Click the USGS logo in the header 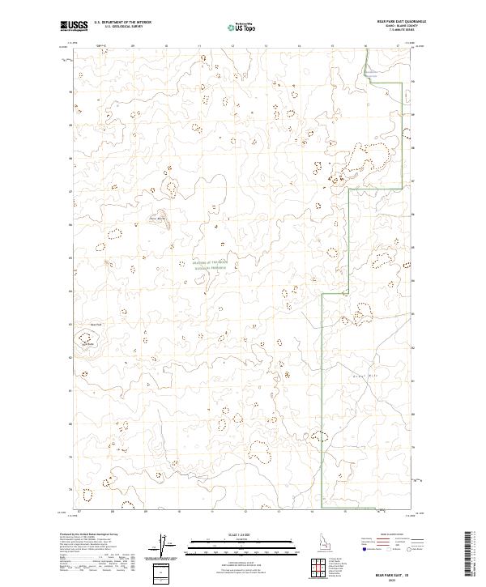click(x=74, y=25)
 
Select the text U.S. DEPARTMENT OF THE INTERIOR click(x=122, y=22)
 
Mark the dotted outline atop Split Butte click(x=85, y=338)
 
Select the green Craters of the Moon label click(x=212, y=264)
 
